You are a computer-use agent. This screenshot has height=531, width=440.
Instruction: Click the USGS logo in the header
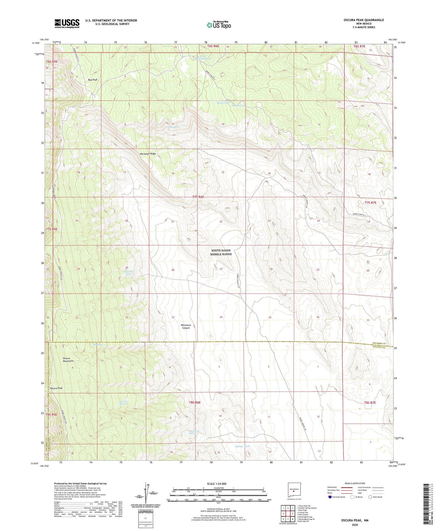[x=67, y=23]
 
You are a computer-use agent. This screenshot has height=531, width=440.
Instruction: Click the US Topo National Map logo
[x=219, y=25]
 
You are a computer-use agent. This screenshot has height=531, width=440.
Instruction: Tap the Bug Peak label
[x=93, y=80]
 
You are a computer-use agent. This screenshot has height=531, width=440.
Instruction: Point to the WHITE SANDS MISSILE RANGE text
[x=221, y=252]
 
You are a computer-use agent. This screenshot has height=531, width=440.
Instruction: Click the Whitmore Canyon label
[x=186, y=327]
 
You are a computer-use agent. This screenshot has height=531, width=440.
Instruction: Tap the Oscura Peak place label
[x=56, y=388]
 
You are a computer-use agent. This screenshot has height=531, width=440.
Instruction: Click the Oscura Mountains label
[x=68, y=360]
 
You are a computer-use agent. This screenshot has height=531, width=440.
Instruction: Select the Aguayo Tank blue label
[x=242, y=446]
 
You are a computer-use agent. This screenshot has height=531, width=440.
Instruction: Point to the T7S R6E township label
[x=198, y=197]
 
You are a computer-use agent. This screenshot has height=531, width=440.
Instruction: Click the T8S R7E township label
[x=370, y=403]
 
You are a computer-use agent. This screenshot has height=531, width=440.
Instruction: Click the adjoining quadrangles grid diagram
[x=288, y=513]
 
